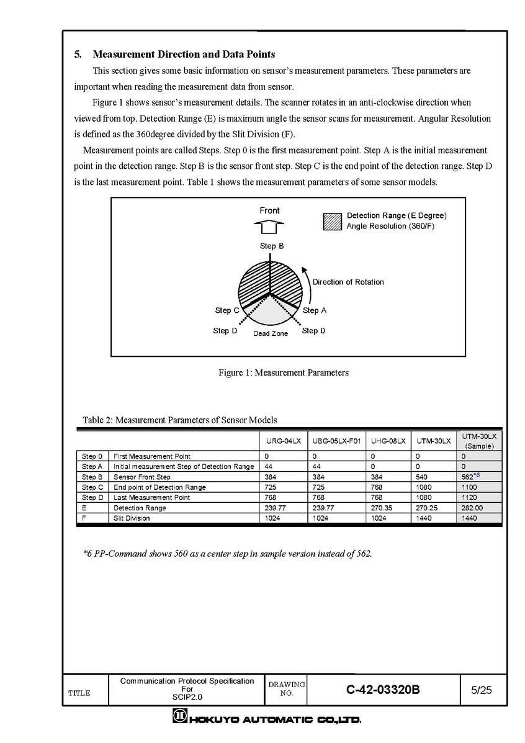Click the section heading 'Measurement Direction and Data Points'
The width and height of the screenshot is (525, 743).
183,55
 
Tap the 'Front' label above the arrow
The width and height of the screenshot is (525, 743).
269,211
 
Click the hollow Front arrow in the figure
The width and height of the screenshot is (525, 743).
269,225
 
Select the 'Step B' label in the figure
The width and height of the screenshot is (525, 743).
272,246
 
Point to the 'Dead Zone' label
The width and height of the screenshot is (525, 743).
271,334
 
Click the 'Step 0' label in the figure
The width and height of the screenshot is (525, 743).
313,331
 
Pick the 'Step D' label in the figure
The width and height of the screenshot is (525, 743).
225,331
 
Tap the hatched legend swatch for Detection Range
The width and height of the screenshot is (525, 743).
333,222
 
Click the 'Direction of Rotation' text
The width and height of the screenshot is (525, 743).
348,282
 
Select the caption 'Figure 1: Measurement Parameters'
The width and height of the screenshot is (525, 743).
284,373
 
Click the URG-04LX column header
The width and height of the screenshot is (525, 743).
283,441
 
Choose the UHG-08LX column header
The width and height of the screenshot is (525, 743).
388,441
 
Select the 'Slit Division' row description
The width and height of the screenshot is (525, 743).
132,518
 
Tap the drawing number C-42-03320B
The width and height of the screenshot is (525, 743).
384,689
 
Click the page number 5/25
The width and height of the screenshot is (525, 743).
482,689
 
